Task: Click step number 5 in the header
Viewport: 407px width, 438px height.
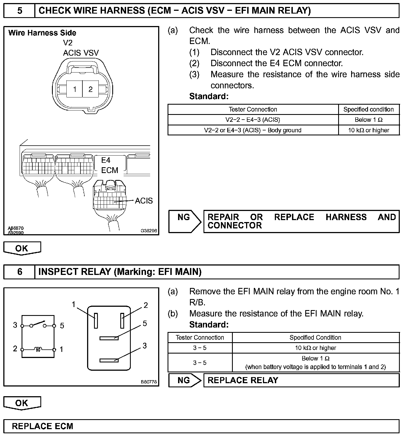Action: pos(20,11)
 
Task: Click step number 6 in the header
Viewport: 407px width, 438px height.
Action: pos(20,272)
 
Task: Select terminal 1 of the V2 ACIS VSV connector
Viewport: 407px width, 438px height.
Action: pos(75,89)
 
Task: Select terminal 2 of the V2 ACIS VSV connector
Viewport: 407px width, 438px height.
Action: pos(90,89)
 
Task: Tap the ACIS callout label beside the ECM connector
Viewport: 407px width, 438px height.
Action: pos(144,201)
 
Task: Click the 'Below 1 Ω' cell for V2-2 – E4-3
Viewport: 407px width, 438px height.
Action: pos(369,120)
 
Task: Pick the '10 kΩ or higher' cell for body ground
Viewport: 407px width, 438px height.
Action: pos(369,130)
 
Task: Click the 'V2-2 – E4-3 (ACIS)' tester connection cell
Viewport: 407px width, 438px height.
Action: pos(253,120)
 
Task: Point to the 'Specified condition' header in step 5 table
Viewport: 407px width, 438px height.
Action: pos(369,109)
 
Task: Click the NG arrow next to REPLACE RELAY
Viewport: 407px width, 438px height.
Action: pos(184,380)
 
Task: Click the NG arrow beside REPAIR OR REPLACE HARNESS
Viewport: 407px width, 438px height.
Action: pos(184,221)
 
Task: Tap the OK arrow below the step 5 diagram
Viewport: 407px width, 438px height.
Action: pos(22,248)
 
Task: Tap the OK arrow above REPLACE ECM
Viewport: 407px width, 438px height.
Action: pos(22,403)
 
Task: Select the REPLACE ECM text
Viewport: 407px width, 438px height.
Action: pos(43,426)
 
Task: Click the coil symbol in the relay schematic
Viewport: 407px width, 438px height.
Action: pos(38,350)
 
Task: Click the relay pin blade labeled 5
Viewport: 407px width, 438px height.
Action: pos(109,338)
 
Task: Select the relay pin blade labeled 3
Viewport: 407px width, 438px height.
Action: pos(109,360)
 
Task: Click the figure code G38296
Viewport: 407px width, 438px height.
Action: pos(149,230)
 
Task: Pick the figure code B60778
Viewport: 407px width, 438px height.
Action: pos(149,382)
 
